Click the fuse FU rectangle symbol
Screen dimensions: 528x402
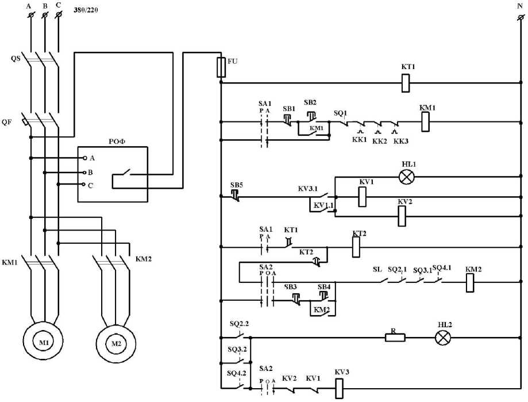click(221, 67)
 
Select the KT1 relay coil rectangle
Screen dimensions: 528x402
click(406, 83)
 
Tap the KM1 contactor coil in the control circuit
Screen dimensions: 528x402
click(426, 122)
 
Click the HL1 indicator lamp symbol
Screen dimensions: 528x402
click(406, 177)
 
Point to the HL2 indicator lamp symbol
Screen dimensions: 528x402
click(442, 338)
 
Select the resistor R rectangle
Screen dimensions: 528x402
click(395, 338)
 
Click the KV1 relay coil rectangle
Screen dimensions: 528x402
click(363, 197)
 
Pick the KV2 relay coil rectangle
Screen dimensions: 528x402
click(402, 216)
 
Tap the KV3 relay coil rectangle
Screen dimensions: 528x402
click(340, 389)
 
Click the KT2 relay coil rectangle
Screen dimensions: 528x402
click(356, 247)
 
